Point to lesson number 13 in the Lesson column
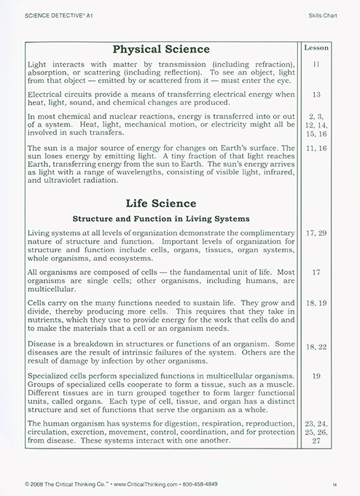coord(316,95)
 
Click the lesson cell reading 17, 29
coord(316,233)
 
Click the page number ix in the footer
coord(334,484)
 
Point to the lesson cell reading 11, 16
coord(316,148)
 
